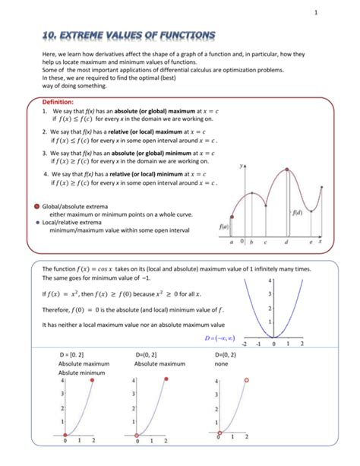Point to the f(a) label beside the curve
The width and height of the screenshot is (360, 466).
(224, 226)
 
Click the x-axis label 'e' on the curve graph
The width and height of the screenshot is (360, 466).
(311, 242)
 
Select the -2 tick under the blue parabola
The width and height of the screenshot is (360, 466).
(245, 344)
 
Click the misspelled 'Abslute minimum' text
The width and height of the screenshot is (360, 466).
(82, 372)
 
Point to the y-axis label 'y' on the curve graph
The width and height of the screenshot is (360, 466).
(242, 164)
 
